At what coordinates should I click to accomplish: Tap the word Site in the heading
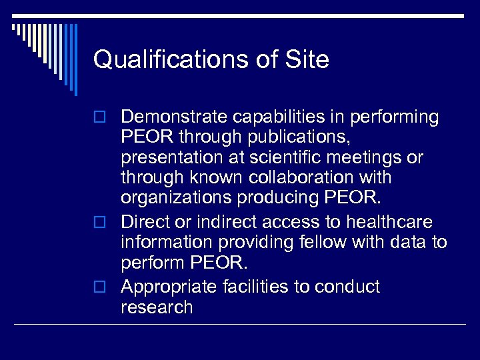(307, 60)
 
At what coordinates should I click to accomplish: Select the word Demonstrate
(174, 117)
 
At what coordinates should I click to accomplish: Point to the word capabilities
(281, 117)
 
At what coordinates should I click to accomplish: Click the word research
(157, 307)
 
